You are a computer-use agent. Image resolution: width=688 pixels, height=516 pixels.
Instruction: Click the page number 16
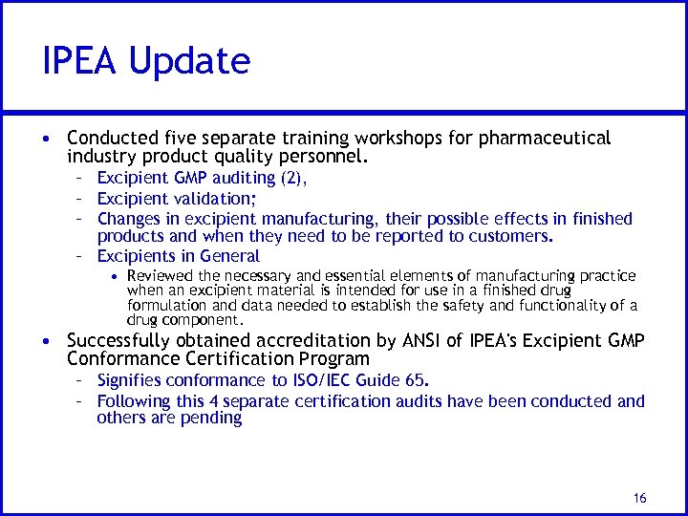[x=639, y=498]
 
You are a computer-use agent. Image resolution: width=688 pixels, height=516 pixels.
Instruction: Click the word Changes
[x=129, y=219]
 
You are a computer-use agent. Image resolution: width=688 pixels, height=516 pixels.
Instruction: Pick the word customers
[x=507, y=236]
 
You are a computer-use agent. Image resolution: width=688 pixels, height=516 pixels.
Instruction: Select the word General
[x=230, y=256]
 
